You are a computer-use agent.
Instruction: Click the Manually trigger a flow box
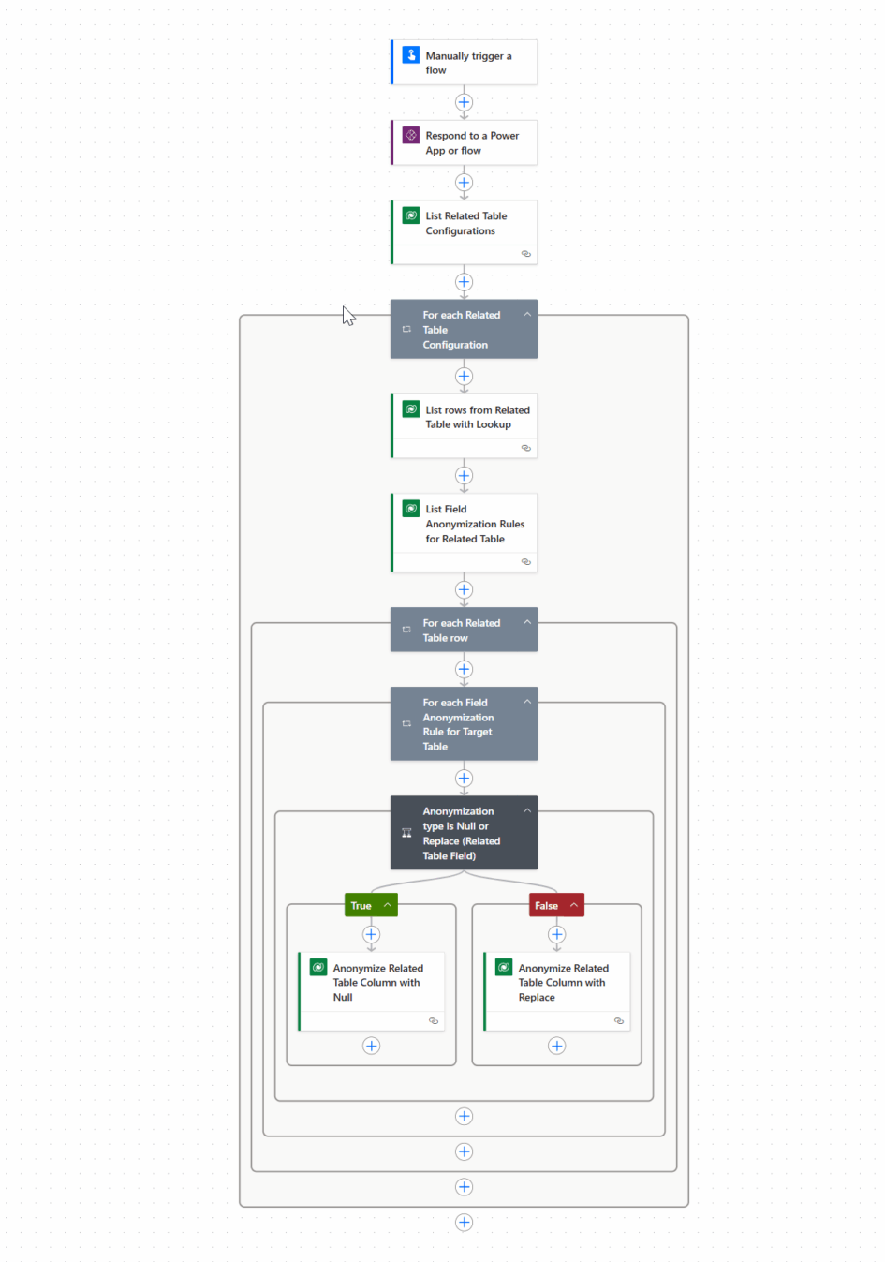tap(464, 62)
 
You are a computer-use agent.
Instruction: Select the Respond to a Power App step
tap(464, 142)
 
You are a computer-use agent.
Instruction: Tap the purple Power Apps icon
tap(411, 135)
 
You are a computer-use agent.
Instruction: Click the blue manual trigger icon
tap(411, 55)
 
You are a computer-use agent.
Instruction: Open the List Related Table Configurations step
tap(464, 231)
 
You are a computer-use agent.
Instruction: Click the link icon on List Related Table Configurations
tap(525, 254)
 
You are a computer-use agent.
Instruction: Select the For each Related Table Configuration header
tap(464, 329)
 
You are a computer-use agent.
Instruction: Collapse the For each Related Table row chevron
tap(527, 622)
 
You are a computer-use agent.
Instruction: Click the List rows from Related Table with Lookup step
tap(464, 425)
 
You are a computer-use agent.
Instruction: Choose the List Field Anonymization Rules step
tap(464, 532)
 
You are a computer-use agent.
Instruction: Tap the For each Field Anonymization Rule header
tap(464, 723)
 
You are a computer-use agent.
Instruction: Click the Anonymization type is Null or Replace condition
tap(464, 832)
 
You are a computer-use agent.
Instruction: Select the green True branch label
tap(371, 905)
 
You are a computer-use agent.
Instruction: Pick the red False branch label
tap(556, 905)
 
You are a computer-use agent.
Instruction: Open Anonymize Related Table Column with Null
tap(371, 991)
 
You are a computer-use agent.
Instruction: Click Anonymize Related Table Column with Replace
tap(556, 991)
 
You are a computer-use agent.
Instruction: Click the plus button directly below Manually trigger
tap(464, 102)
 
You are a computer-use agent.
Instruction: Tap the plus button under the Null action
tap(371, 1046)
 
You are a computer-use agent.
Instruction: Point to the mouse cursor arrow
tap(348, 316)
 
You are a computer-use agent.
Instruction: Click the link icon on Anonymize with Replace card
tap(618, 1020)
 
